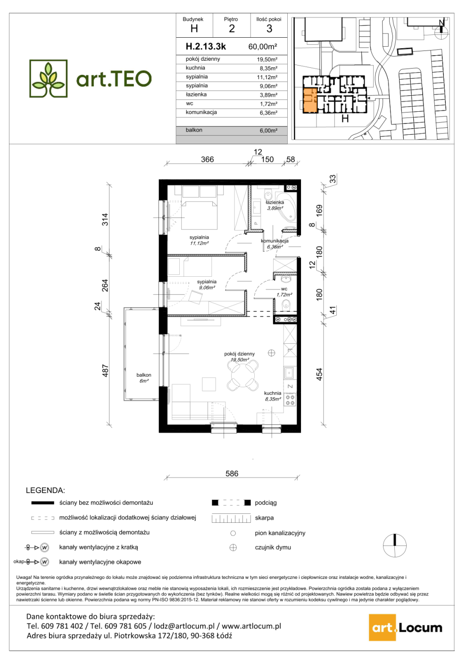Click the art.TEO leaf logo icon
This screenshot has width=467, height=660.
[48, 78]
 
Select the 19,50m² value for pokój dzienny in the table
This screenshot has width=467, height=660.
[267, 59]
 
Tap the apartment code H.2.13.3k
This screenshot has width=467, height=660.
[206, 46]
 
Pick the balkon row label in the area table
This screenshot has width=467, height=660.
[194, 130]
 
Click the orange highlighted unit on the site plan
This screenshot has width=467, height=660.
[310, 100]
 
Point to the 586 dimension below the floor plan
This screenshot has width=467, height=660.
[232, 473]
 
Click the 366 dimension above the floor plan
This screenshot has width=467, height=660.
[207, 159]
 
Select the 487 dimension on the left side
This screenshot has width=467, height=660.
[105, 371]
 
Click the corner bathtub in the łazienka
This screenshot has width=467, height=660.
[285, 207]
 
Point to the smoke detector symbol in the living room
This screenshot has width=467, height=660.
[271, 353]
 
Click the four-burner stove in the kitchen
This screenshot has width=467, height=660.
[290, 400]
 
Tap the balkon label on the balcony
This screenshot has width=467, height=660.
[144, 375]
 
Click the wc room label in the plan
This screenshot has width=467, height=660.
[284, 289]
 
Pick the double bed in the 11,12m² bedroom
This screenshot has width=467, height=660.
[199, 215]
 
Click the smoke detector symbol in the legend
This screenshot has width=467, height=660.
[233, 547]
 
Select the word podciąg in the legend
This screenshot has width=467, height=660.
[266, 503]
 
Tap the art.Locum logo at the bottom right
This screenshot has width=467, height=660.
[406, 627]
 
